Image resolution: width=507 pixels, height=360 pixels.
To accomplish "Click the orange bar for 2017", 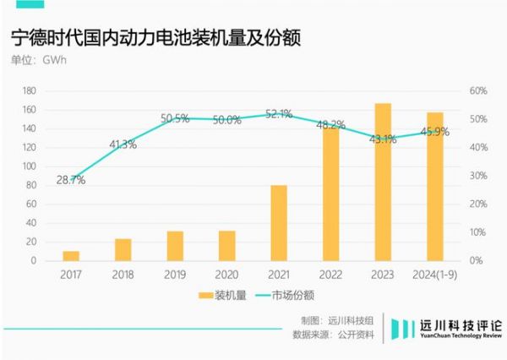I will click(x=71, y=255).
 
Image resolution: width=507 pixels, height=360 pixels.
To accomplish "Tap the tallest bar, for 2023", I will click(x=383, y=182).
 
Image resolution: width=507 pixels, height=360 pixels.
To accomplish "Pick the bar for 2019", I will click(x=175, y=245).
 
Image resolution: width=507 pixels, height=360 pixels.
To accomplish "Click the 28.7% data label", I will click(x=71, y=180).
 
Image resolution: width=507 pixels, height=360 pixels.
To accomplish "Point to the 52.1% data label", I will click(x=279, y=113).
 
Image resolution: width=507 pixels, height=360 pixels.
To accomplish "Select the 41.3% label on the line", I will click(x=123, y=145).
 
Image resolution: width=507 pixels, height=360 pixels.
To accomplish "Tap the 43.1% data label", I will click(x=383, y=139).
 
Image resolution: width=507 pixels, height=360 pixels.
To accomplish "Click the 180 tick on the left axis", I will click(x=29, y=90).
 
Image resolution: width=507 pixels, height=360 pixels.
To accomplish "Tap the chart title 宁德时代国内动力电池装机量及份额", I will click(x=156, y=39).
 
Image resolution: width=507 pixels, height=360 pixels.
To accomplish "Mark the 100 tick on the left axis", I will click(x=29, y=166).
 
